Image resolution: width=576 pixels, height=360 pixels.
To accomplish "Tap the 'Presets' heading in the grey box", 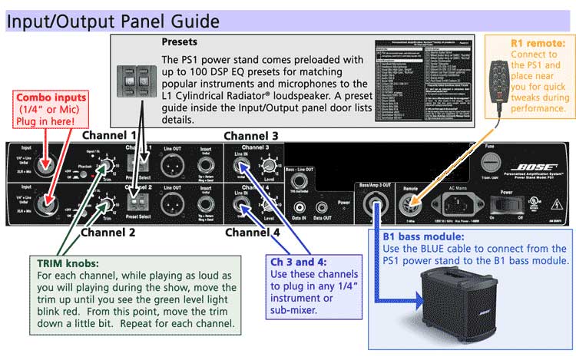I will point(180,42).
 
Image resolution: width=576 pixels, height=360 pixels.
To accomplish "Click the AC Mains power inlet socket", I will point(453,205).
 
